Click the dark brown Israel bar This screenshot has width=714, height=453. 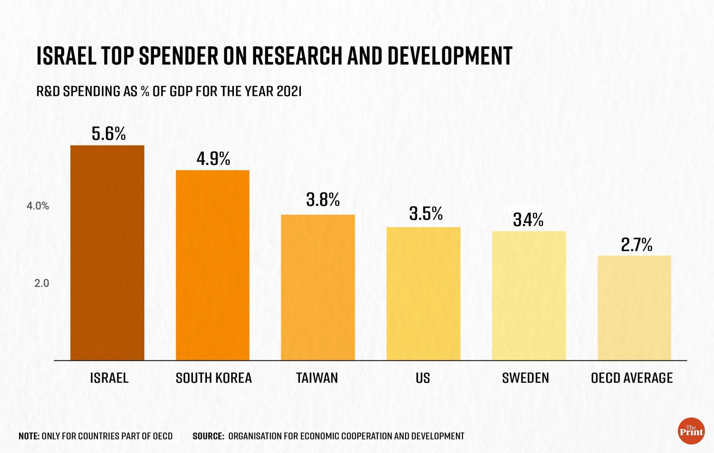(x=107, y=253)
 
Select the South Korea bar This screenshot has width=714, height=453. (x=212, y=265)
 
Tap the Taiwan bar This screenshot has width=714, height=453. (x=318, y=287)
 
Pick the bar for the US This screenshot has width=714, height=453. (x=423, y=294)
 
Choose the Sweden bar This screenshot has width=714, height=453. (x=529, y=295)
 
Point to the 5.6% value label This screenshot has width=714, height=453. (x=109, y=134)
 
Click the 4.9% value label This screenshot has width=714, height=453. (x=213, y=159)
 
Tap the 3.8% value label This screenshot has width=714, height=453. (x=323, y=200)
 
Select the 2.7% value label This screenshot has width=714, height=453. (x=636, y=245)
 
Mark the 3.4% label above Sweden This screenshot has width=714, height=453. (x=528, y=220)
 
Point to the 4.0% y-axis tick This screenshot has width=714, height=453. (x=38, y=206)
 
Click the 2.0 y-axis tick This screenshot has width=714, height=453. (x=41, y=283)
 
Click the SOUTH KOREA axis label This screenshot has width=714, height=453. (x=213, y=378)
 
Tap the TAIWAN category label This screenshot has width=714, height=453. (x=317, y=378)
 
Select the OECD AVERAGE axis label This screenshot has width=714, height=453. (x=631, y=378)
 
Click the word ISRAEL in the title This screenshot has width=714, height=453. (x=66, y=56)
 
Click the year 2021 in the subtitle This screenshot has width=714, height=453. (x=289, y=91)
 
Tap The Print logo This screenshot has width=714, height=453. (x=691, y=431)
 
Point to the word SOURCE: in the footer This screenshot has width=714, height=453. (x=208, y=436)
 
